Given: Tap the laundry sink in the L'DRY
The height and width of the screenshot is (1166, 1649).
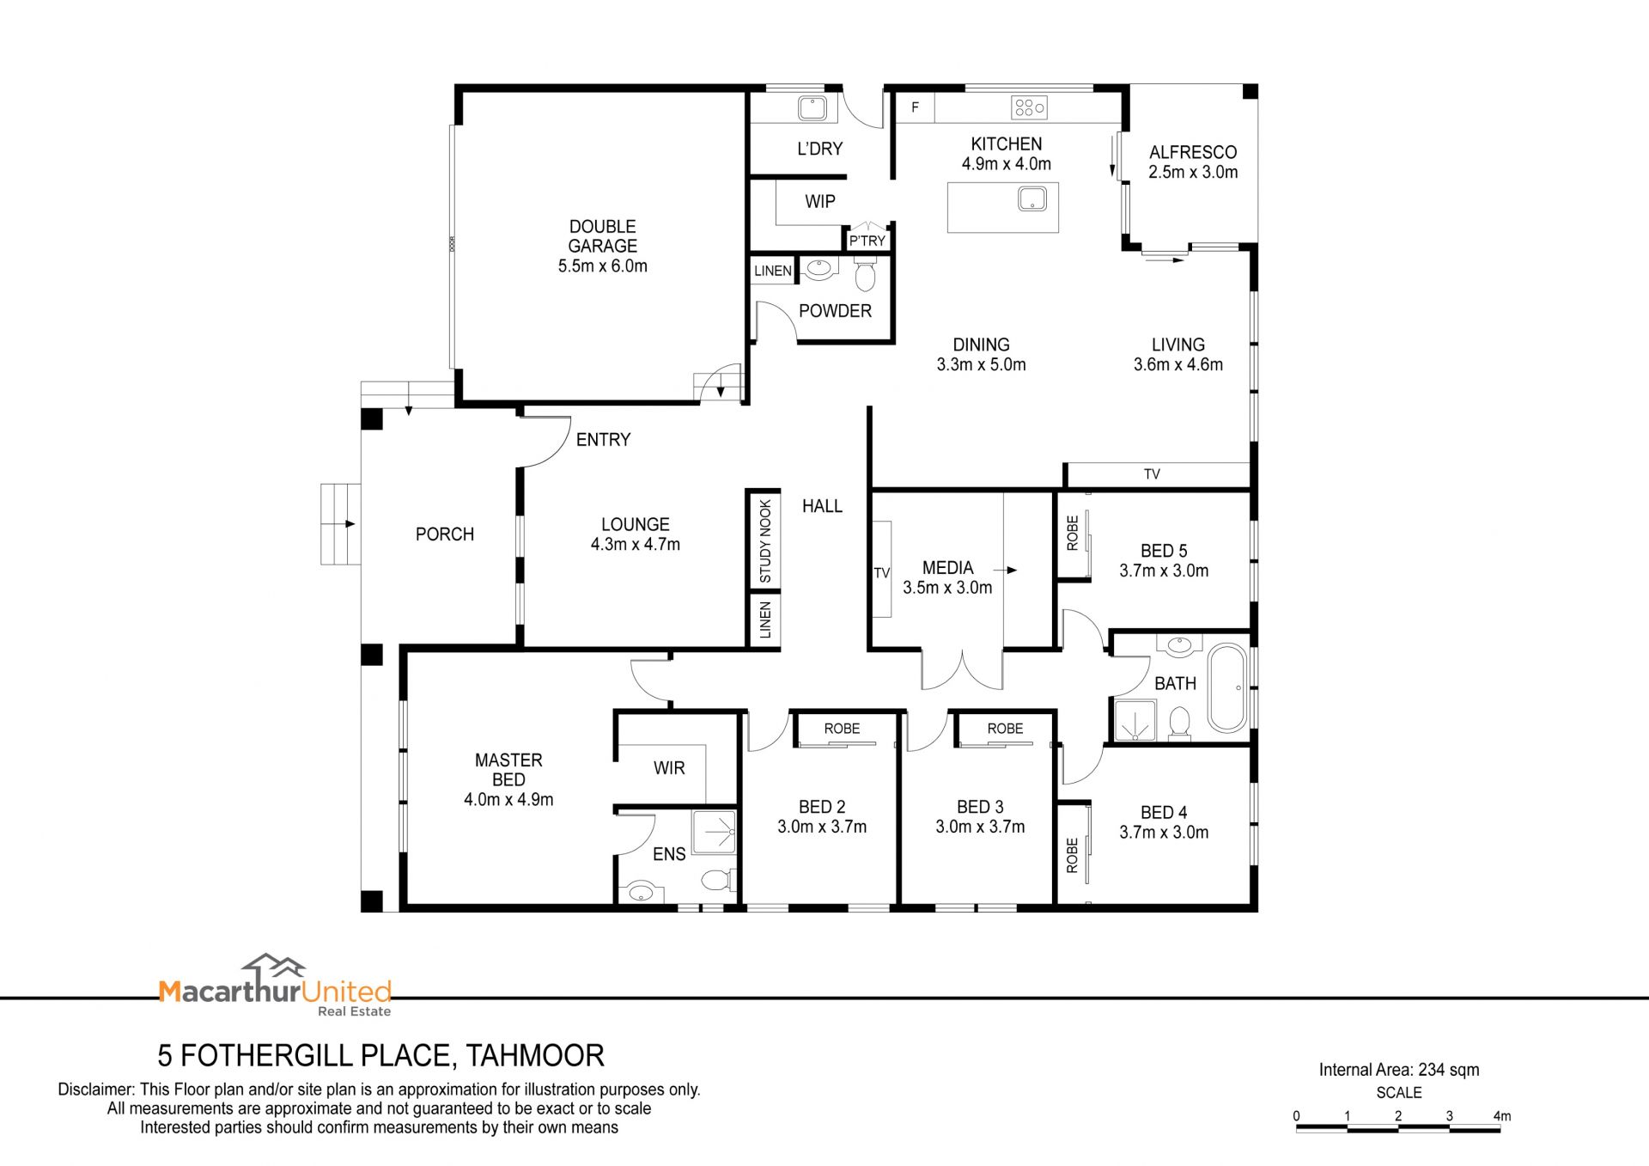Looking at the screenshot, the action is (812, 108).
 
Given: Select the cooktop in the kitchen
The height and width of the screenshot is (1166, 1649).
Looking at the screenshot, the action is (1029, 107).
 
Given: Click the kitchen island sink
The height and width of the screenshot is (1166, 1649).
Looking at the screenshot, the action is (1031, 199).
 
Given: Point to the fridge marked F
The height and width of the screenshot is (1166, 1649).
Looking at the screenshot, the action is (916, 107).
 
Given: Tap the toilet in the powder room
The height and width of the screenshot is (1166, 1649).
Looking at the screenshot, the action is (865, 275).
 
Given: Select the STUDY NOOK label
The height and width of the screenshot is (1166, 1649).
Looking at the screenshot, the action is (765, 541).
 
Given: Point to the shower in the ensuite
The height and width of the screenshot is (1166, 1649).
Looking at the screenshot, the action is (714, 832).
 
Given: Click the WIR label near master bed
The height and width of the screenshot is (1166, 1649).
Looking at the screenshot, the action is (669, 768).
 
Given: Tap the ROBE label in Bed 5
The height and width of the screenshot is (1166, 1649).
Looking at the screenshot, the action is (1072, 533).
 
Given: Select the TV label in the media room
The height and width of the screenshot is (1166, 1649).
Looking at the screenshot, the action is (882, 573).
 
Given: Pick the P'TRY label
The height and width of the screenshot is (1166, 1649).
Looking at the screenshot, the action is (867, 241).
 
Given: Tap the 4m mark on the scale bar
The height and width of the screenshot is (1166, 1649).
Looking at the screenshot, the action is (1501, 1116).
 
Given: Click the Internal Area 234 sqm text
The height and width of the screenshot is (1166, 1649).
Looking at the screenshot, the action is (1399, 1070).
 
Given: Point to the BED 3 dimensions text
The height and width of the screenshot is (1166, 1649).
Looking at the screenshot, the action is (980, 827).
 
